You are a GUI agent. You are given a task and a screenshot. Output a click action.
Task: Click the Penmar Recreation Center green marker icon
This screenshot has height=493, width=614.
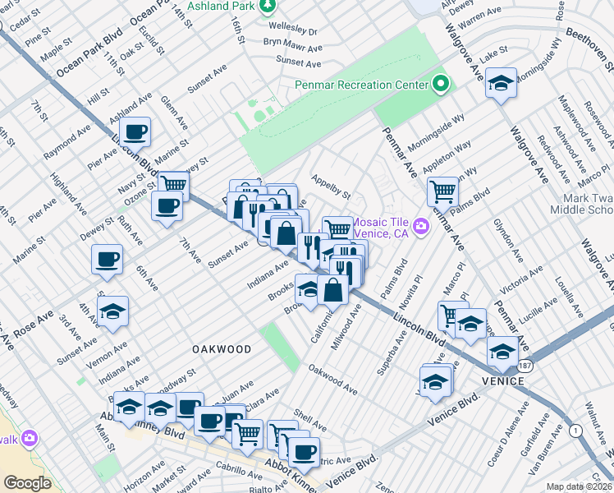[441, 84]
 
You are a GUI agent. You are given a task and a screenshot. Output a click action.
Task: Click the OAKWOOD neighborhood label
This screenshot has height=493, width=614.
[222, 349]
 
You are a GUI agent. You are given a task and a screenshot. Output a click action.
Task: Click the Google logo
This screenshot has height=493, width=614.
[27, 482]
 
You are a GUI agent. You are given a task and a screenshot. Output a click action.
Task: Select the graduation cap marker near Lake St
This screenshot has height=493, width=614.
[501, 84]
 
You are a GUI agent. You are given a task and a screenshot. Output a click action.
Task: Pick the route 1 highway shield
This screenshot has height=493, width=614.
[575, 430]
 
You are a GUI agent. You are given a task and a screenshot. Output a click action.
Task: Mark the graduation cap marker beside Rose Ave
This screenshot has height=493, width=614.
[112, 312]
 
